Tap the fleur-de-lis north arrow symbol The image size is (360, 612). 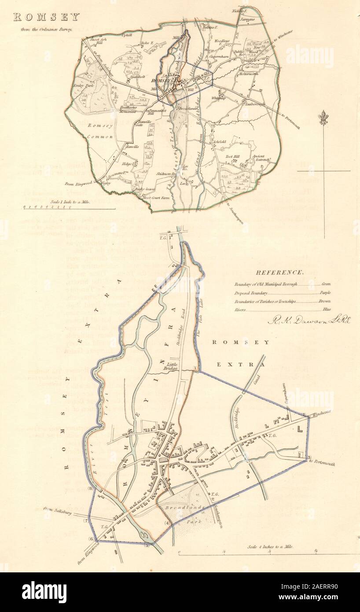click(323, 118)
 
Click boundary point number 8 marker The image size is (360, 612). click(90, 488)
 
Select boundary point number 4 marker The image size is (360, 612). click(167, 523)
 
